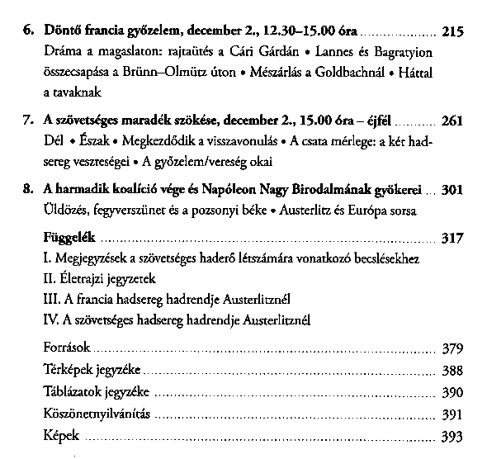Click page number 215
coord(453,33)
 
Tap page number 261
coord(453,121)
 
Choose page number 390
coord(453,390)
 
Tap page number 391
coord(453,412)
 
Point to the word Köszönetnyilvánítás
coord(95,412)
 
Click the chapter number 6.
coord(27,33)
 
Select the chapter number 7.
coord(27,121)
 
